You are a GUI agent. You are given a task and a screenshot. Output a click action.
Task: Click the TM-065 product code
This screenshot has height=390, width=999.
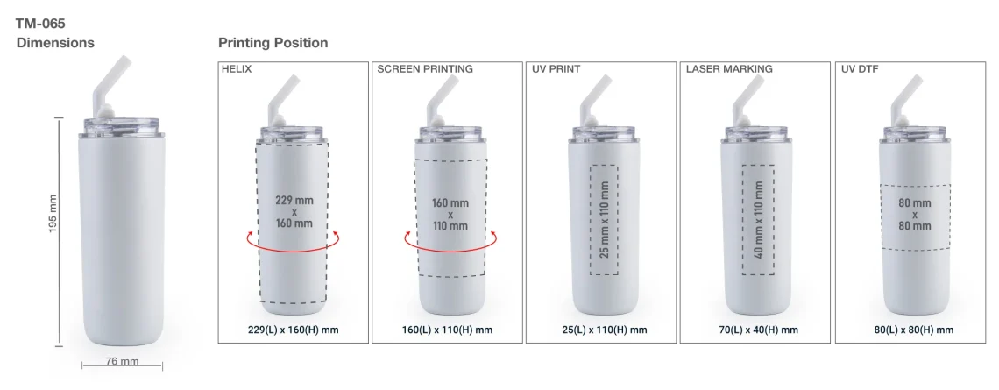pyautogui.click(x=41, y=24)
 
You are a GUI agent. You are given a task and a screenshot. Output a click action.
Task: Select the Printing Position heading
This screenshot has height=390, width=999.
pyautogui.click(x=273, y=43)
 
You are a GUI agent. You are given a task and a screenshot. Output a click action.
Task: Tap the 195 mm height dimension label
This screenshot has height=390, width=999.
pyautogui.click(x=53, y=214)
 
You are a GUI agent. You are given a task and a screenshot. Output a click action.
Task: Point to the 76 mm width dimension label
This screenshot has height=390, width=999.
pyautogui.click(x=122, y=361)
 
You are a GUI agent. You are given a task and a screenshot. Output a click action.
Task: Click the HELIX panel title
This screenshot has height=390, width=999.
pyautogui.click(x=237, y=69)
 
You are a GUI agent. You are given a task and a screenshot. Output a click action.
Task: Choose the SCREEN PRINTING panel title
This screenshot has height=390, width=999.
pyautogui.click(x=425, y=69)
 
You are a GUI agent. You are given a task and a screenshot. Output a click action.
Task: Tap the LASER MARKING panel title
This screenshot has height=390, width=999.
pyautogui.click(x=729, y=69)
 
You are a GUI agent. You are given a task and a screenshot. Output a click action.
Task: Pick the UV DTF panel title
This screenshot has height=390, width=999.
pyautogui.click(x=860, y=69)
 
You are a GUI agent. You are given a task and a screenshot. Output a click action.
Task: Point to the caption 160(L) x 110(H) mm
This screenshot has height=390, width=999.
pyautogui.click(x=448, y=330)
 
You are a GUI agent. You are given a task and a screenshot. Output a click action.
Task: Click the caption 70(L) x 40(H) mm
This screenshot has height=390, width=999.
pyautogui.click(x=755, y=330)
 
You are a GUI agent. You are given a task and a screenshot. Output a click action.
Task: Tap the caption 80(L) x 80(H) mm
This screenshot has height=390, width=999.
pyautogui.click(x=914, y=330)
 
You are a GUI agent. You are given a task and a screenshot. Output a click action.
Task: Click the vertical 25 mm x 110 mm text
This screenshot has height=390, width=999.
pyautogui.click(x=604, y=219)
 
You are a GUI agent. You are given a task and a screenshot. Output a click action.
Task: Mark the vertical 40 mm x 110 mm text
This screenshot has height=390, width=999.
pyautogui.click(x=758, y=219)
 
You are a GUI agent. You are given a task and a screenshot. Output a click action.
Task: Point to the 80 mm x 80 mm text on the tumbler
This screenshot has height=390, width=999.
pyautogui.click(x=914, y=215)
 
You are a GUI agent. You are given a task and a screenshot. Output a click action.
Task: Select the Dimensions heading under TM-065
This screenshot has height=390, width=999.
pyautogui.click(x=55, y=43)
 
